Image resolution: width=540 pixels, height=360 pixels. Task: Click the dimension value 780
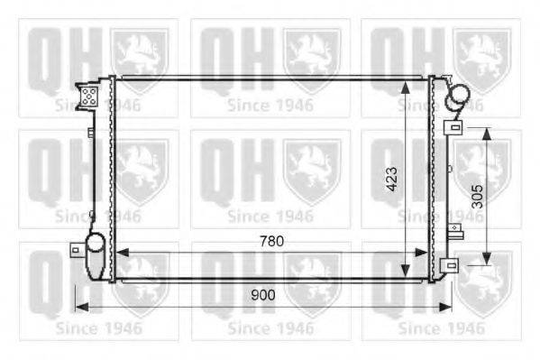(x=271, y=241)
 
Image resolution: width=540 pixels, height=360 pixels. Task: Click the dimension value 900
(x=263, y=295)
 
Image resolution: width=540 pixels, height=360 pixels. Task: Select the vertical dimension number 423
(x=391, y=179)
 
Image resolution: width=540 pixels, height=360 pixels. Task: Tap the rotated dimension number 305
(x=477, y=197)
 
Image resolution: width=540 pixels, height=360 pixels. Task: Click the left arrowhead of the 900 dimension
(x=82, y=307)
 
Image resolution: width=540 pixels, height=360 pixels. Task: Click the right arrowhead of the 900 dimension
(x=445, y=307)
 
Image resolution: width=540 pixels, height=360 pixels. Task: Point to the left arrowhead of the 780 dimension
(x=123, y=253)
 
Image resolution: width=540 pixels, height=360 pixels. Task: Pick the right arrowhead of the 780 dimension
(x=421, y=253)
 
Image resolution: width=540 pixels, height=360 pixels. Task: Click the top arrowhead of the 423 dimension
(x=406, y=87)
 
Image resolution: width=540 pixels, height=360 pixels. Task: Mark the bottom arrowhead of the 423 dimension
(x=406, y=271)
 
